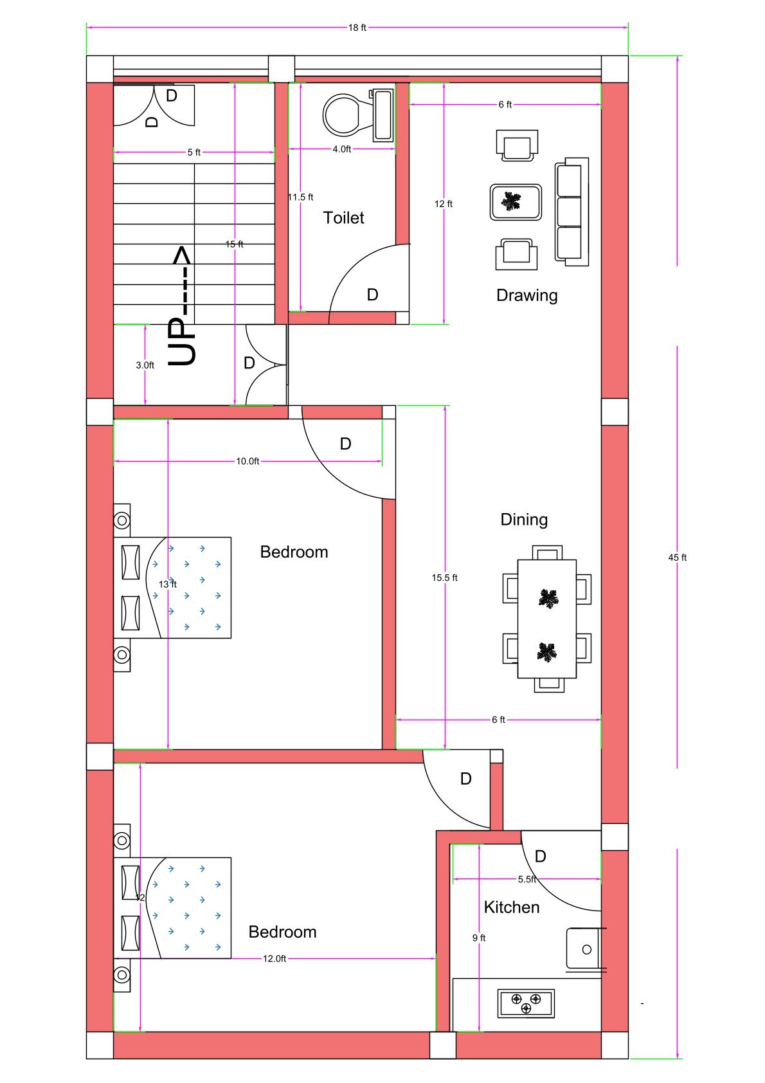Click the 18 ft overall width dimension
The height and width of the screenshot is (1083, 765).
[x=357, y=28]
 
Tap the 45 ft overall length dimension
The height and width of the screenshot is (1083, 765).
[x=677, y=558]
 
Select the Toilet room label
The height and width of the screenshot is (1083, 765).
[x=343, y=217]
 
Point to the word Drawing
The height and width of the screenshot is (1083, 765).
[x=526, y=295]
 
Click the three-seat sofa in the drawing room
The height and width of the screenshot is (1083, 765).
[x=571, y=212]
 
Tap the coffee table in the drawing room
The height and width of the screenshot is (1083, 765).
[x=516, y=202]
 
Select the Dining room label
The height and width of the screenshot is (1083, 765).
[x=524, y=519]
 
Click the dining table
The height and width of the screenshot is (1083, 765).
[x=546, y=619]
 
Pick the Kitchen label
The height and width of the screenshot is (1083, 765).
[x=511, y=907]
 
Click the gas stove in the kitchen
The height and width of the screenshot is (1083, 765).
[x=526, y=1003]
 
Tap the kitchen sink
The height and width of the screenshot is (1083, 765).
[x=584, y=949]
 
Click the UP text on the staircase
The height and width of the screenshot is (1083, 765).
[x=182, y=342]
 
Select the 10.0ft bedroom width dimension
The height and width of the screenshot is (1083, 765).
[x=248, y=461]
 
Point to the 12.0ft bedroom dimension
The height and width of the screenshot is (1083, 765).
[x=274, y=958]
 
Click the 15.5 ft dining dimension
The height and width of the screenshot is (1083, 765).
[x=444, y=578]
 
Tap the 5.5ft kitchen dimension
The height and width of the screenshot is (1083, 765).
[x=526, y=879]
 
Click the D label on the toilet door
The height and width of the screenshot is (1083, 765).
[x=372, y=295]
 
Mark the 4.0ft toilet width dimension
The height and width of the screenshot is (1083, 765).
[x=341, y=149]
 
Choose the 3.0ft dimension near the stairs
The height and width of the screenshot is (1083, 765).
[x=145, y=365]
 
